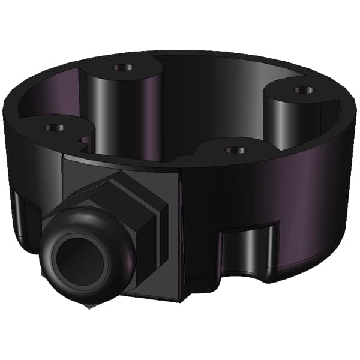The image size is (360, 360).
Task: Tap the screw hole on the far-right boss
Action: [303, 91]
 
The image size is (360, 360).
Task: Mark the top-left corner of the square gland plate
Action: [65, 157]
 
